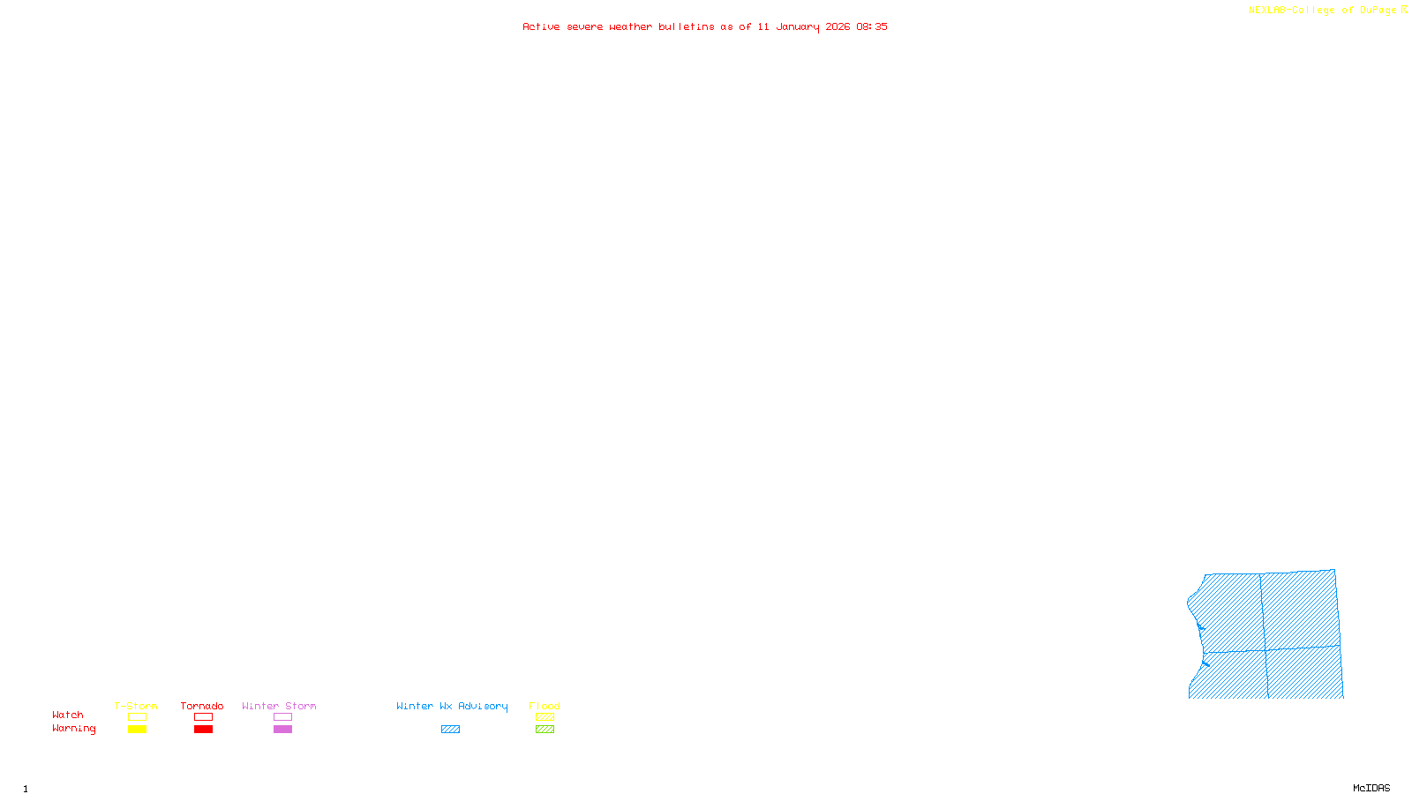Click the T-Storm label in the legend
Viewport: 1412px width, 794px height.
click(x=136, y=706)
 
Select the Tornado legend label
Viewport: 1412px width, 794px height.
click(x=202, y=706)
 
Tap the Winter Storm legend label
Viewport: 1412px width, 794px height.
click(x=279, y=706)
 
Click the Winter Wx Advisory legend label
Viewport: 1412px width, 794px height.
click(x=452, y=706)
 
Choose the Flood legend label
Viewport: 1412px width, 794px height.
click(x=545, y=706)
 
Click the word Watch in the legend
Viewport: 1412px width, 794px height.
click(x=68, y=715)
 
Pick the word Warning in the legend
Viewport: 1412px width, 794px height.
click(x=73, y=729)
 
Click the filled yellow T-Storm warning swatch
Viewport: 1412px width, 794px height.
click(x=137, y=730)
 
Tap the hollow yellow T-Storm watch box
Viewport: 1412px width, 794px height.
click(x=137, y=717)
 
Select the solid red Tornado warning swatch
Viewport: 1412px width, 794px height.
click(x=204, y=730)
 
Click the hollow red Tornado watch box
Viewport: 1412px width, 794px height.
click(x=204, y=717)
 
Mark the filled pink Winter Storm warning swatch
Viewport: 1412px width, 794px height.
click(x=282, y=730)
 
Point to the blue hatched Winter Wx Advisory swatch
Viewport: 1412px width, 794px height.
click(x=450, y=730)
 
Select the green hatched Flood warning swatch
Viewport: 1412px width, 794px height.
click(x=545, y=730)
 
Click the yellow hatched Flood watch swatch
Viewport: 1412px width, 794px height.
click(x=545, y=717)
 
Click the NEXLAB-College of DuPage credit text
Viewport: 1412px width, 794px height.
click(x=1323, y=10)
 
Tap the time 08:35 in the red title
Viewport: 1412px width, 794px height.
click(x=872, y=26)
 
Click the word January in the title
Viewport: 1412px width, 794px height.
click(x=798, y=26)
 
